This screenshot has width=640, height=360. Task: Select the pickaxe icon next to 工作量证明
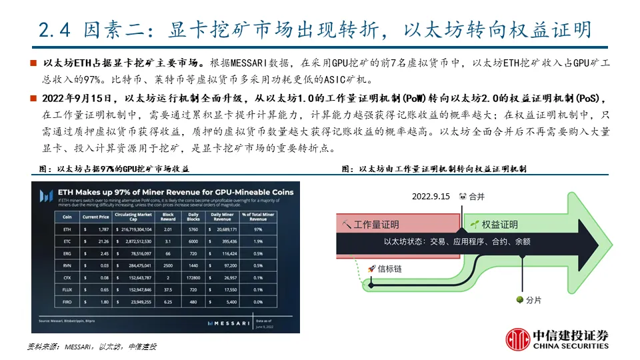click(x=345, y=225)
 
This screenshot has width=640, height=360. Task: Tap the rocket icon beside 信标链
click(x=371, y=269)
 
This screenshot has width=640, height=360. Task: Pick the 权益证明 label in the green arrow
click(x=500, y=225)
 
